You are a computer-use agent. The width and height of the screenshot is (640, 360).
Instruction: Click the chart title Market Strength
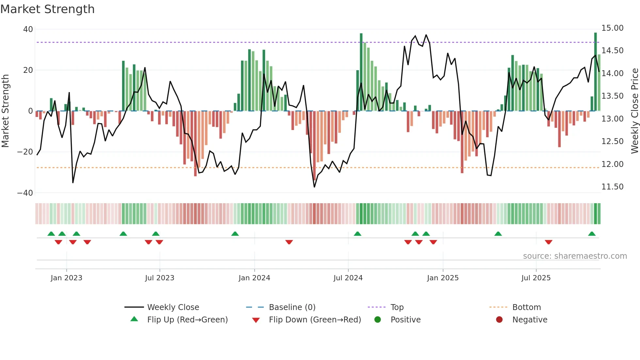(47, 9)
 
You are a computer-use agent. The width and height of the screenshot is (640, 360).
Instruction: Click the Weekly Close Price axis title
(634, 111)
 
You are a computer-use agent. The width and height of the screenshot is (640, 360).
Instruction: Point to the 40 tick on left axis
(28, 29)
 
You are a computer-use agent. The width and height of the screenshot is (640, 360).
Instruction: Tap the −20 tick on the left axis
(25, 152)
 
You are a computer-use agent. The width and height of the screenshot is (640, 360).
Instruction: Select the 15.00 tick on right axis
(612, 28)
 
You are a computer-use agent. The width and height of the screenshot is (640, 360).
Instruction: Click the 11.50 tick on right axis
(612, 187)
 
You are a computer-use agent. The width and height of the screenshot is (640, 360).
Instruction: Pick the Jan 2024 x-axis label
(254, 278)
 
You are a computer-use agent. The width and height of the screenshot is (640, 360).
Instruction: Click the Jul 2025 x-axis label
(536, 278)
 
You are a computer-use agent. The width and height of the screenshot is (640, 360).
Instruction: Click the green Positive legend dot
(378, 320)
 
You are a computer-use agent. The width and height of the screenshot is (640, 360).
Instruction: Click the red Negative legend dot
(499, 320)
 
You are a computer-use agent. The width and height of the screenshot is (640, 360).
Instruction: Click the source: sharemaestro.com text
(575, 256)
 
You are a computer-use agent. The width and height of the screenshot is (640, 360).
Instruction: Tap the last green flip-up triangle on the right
(592, 234)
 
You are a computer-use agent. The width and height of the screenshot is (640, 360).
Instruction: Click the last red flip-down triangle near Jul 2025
(549, 242)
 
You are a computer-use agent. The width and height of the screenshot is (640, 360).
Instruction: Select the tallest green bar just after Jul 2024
(361, 72)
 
